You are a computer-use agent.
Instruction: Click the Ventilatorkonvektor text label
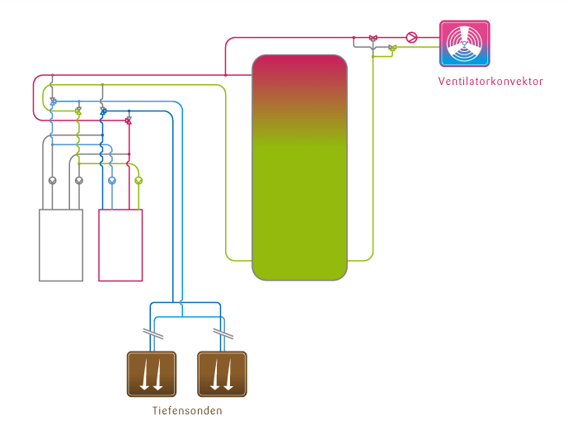coord(491,81)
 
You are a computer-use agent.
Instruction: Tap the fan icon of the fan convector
coord(465,44)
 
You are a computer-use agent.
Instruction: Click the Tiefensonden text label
coord(187,410)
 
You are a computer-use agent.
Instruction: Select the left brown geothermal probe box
coord(151,372)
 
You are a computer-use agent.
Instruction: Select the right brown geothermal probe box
coord(222,372)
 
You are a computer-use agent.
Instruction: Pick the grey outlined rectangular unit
coord(61,245)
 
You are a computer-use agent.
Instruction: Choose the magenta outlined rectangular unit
coord(120,245)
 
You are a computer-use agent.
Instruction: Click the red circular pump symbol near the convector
coord(412,37)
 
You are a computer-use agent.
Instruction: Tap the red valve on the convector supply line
coord(373,38)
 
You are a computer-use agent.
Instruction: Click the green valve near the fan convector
coord(392,48)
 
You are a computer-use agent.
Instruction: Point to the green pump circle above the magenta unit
coord(138,179)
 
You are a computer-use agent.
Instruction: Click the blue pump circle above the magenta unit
coord(112,179)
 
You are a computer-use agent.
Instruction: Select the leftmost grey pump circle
coord(52,179)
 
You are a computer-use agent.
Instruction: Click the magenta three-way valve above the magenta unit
coord(128,120)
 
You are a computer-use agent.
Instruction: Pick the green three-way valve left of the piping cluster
coord(78,110)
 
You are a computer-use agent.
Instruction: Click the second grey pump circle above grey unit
coord(79,179)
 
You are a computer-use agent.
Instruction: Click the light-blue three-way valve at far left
coord(53,101)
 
